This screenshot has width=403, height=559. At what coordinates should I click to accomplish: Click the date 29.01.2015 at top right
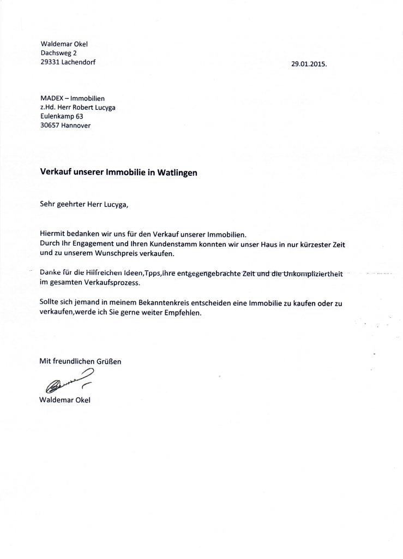pos(309,64)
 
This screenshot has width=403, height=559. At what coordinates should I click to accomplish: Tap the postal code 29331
pos(52,63)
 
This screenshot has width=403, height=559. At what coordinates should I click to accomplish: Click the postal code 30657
pos(52,126)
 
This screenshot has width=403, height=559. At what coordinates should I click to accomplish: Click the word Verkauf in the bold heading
pos(56,172)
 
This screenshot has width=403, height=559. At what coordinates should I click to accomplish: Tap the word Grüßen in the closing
pos(108,361)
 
